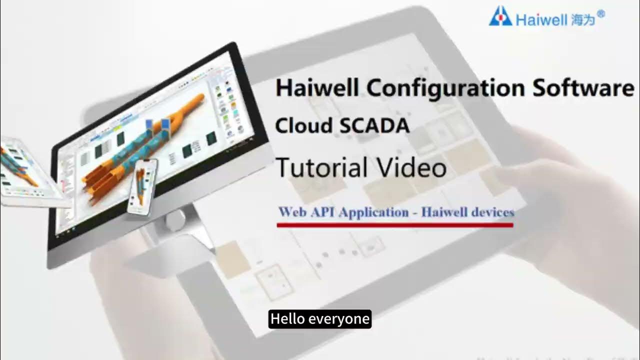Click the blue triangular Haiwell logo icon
pos(500,16)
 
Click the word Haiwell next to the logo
pos(541,20)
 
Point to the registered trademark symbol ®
pos(601,14)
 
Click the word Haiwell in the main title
pos(317,88)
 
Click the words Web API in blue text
pos(307,212)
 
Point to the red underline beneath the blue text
pos(395,225)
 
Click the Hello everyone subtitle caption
pos(320,319)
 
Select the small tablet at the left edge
pos(22,172)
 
